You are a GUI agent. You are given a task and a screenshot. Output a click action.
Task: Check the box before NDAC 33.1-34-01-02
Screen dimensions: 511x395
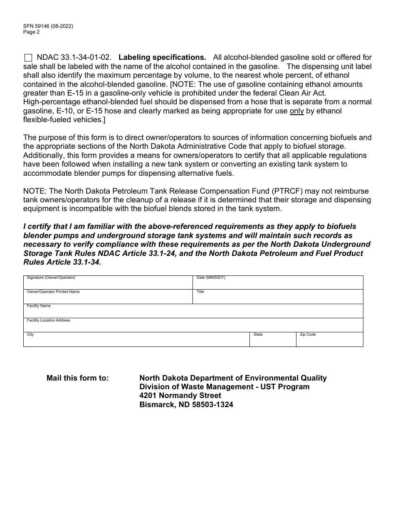28,58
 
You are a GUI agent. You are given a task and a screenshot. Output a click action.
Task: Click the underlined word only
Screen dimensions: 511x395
296,111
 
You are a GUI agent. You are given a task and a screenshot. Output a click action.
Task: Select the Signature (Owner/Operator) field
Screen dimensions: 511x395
108,284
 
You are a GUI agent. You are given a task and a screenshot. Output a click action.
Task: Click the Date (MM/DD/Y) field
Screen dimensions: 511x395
278,284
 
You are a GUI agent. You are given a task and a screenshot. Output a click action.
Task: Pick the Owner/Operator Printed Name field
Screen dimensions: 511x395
108,298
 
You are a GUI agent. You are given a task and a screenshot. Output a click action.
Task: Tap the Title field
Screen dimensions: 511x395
278,298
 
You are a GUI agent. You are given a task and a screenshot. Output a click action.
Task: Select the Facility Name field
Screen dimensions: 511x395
193,312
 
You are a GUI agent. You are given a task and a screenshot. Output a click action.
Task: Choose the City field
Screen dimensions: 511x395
136,341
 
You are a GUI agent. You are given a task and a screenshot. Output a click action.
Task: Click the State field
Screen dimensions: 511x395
272,341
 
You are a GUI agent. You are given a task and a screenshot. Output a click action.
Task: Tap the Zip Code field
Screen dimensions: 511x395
329,341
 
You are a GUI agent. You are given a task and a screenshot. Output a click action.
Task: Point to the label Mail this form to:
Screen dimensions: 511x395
78,378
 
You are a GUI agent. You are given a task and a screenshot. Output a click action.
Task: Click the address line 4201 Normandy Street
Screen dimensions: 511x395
180,396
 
